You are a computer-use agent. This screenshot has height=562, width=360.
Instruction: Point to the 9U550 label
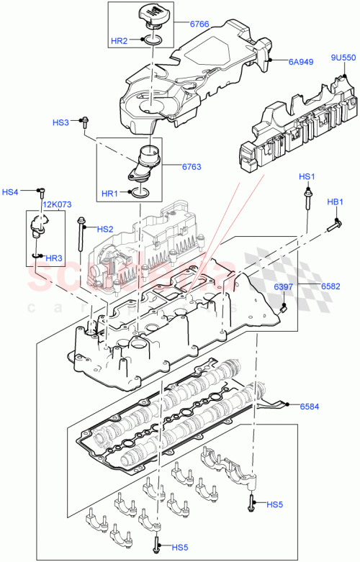pos(343,57)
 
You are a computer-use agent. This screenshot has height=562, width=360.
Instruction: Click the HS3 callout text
pos(62,122)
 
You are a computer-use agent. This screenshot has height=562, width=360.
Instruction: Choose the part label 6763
pos(192,167)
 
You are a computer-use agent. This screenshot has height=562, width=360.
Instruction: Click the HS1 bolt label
pos(307,177)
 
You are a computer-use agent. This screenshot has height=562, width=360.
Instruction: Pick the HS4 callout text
pos(11,192)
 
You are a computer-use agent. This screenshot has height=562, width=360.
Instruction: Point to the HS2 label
pos(105,229)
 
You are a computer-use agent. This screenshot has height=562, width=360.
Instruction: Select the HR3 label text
pos(54,258)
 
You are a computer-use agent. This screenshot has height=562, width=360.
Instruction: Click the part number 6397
pos(283,287)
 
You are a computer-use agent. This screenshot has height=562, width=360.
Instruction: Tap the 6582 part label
pos(332,286)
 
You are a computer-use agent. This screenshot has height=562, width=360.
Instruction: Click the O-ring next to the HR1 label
pos(142,193)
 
